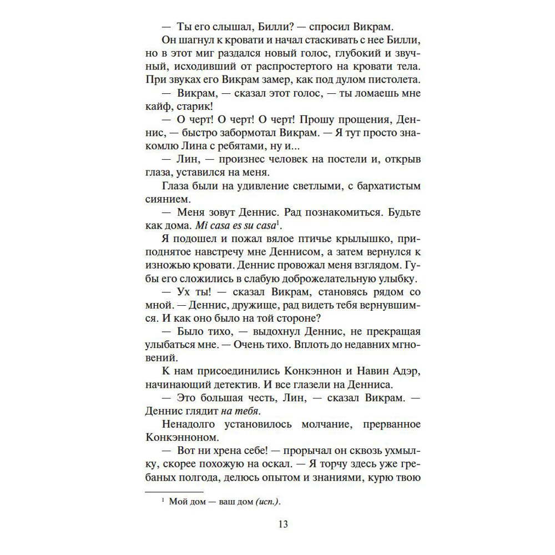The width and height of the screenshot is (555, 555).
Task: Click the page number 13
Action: click(x=282, y=524)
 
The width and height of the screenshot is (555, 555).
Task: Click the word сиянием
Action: click(x=167, y=198)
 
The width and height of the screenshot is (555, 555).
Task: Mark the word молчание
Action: click(x=296, y=425)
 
